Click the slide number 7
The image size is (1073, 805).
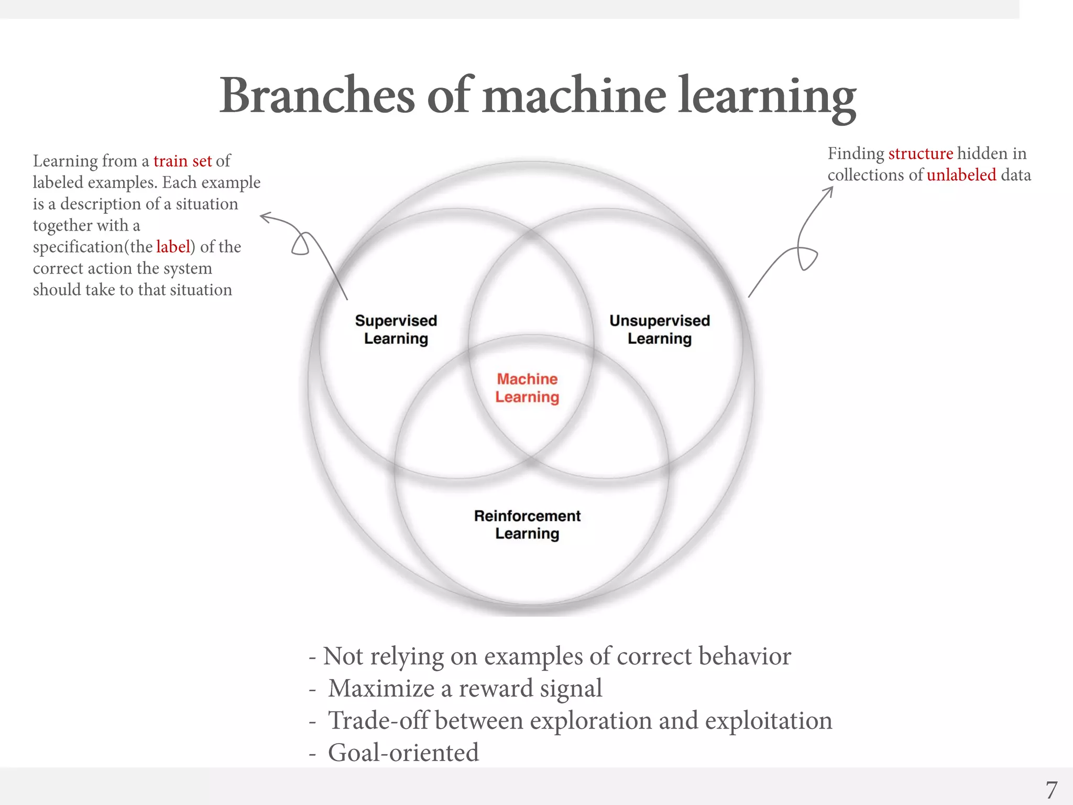(1051, 790)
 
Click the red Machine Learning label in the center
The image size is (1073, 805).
(527, 388)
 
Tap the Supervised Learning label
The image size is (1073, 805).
(396, 330)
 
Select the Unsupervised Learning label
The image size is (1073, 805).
(660, 330)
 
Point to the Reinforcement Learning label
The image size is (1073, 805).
(527, 525)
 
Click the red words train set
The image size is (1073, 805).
(182, 161)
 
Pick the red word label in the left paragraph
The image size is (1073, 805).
(172, 247)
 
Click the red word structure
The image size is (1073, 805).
(921, 154)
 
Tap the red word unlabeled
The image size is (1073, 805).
(961, 175)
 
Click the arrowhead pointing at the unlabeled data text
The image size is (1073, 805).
(830, 189)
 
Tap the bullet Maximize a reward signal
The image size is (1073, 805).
(464, 689)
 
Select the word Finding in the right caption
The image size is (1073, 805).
(856, 154)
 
